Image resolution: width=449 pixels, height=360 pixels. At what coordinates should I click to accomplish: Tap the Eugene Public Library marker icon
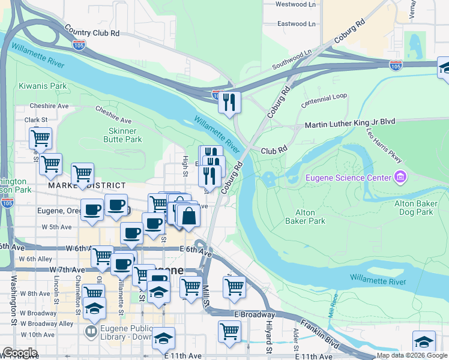[x=91, y=331]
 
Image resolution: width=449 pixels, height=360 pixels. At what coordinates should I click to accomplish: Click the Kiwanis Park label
[x=43, y=86]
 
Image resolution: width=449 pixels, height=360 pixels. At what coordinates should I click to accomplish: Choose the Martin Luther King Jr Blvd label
[x=350, y=122]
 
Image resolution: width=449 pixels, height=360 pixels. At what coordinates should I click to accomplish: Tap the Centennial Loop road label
[x=324, y=96]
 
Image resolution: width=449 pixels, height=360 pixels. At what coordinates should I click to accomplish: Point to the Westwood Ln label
[x=295, y=4]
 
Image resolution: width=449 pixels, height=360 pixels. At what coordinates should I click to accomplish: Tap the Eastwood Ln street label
[x=297, y=24]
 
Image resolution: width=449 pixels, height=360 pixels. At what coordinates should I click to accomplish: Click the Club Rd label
[x=274, y=151]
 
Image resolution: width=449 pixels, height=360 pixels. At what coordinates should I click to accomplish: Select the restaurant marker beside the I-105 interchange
[x=229, y=102]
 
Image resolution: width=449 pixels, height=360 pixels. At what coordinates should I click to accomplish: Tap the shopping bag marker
[x=188, y=216]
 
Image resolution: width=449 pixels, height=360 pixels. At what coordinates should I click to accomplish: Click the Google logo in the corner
[x=20, y=352]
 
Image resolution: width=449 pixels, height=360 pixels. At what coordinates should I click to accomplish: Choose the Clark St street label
[x=35, y=119]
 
